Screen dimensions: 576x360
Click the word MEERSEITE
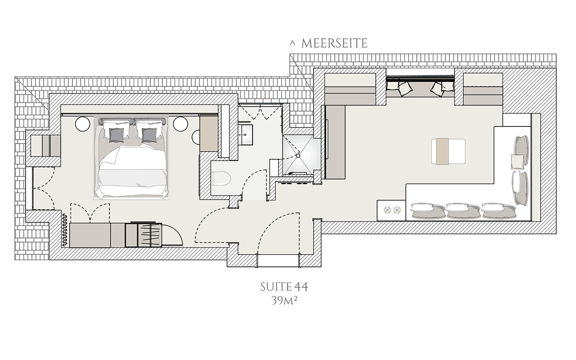(334, 43)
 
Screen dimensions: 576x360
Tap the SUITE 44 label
(284, 287)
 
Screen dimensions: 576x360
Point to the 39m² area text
(284, 300)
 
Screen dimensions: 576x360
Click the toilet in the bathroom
(221, 178)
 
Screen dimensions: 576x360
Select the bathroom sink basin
(245, 135)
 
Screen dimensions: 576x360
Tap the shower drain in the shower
(298, 156)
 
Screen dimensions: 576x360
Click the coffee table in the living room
(448, 152)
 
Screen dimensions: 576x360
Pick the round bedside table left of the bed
(82, 124)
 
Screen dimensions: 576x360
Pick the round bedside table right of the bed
(180, 124)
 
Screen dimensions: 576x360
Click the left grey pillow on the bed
(117, 135)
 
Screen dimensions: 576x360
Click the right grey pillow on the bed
(149, 135)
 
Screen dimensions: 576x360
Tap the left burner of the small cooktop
(387, 210)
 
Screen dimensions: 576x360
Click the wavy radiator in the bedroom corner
(64, 230)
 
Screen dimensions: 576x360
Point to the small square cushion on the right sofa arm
(517, 161)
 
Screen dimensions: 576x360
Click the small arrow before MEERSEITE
(292, 43)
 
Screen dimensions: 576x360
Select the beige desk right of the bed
(209, 134)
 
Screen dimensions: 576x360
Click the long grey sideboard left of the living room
(335, 142)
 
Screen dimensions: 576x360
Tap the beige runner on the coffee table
(442, 152)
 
